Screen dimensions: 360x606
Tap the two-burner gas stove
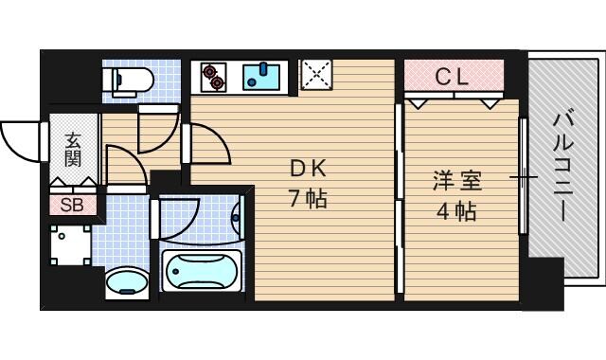(213, 76)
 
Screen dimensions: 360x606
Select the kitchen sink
(258, 76)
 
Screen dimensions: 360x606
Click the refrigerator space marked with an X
(314, 75)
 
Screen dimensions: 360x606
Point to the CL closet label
(453, 77)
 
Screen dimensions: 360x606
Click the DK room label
(308, 170)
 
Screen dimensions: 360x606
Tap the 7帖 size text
(308, 200)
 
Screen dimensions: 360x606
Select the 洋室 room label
(456, 178)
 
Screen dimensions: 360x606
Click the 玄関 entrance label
(73, 149)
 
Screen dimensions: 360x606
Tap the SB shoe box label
(72, 205)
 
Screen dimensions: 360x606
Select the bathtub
(201, 271)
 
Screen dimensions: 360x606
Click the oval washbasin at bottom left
(125, 282)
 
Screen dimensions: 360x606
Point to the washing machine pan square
(71, 243)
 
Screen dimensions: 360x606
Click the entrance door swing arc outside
(21, 142)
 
